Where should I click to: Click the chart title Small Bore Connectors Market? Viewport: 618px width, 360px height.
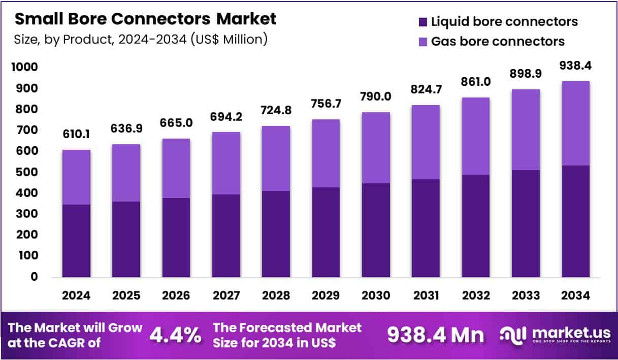[x=145, y=19]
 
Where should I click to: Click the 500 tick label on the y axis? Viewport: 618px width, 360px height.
[x=27, y=172]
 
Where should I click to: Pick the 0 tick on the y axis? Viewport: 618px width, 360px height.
[x=34, y=277]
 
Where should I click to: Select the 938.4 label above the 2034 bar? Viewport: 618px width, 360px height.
[x=575, y=66]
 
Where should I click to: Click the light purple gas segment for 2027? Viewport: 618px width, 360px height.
[x=226, y=163]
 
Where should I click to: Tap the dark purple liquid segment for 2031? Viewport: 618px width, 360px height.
[x=426, y=228]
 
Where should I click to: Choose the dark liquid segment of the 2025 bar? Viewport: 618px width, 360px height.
[x=126, y=239]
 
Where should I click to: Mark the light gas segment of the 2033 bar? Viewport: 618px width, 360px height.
[x=526, y=129]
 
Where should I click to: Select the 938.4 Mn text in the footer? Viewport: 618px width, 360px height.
[x=436, y=335]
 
